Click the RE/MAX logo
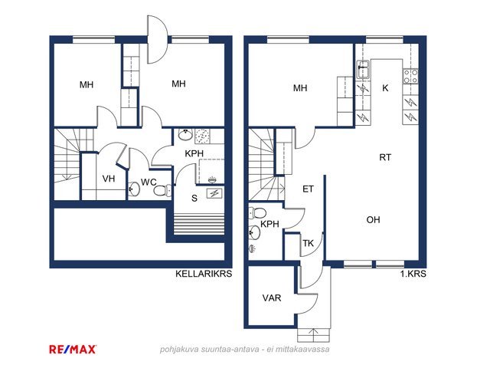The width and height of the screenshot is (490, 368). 73,350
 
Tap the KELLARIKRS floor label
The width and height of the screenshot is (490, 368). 204,274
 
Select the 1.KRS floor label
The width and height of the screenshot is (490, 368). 413,274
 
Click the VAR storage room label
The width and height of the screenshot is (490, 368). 272,298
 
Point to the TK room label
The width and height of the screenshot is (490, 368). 308,243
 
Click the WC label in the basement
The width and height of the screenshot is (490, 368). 149,182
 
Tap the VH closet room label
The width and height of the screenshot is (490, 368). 109,179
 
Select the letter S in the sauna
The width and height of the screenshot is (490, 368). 194,198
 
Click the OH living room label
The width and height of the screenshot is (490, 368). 373,220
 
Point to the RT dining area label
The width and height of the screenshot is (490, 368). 385,157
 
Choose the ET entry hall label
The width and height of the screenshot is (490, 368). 308,189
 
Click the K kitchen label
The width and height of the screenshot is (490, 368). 385,88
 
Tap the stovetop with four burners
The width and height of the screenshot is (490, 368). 410,77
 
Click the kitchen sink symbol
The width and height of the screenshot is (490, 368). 363,70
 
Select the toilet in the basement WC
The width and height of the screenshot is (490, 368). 162,190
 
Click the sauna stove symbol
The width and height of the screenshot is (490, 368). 214,194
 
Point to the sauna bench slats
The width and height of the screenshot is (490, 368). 199,223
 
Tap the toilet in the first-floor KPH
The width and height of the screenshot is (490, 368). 257,213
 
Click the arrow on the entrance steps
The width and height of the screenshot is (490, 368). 313,335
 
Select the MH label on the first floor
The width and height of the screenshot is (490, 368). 300,88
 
